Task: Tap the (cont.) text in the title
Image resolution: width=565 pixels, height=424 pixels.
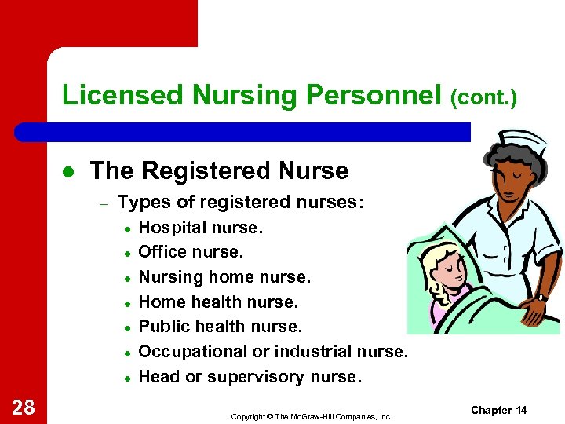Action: click(x=483, y=97)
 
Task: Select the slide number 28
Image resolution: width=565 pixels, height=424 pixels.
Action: click(x=23, y=407)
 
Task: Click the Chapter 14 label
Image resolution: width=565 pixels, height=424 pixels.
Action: click(x=499, y=410)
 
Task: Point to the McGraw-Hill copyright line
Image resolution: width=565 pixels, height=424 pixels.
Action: click(x=311, y=416)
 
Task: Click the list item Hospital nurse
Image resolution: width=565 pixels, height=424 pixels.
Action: click(x=201, y=228)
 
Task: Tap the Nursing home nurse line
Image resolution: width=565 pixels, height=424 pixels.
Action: click(x=224, y=277)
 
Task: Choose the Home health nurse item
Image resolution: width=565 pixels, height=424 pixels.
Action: click(x=218, y=302)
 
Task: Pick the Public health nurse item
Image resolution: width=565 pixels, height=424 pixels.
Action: click(x=220, y=327)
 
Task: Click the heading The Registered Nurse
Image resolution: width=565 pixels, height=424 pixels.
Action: click(x=219, y=170)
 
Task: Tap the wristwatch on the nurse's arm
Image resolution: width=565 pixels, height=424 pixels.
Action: click(x=541, y=297)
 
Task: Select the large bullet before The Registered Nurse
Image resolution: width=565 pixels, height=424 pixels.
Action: click(x=68, y=171)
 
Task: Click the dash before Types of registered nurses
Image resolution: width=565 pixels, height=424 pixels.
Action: click(x=102, y=203)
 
